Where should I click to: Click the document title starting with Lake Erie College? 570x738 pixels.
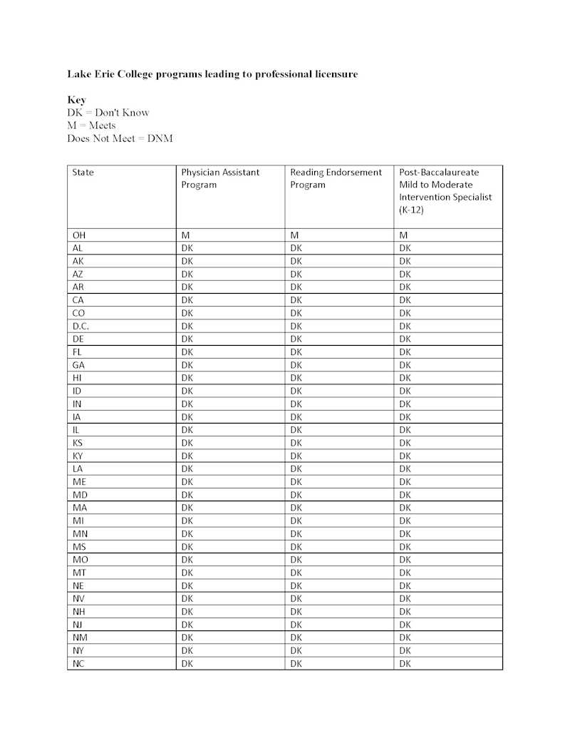click(x=212, y=74)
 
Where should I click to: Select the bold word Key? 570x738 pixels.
click(x=76, y=100)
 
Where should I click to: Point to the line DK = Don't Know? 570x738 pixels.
click(x=108, y=113)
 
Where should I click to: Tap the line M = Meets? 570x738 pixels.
click(x=91, y=125)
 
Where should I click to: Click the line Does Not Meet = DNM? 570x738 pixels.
click(x=120, y=138)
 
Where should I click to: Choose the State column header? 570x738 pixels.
click(x=83, y=173)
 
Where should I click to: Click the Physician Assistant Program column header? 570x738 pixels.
click(x=220, y=178)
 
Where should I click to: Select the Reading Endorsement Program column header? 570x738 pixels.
click(x=336, y=178)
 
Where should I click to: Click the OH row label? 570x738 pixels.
click(x=79, y=235)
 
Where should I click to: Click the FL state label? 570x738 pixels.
click(x=77, y=352)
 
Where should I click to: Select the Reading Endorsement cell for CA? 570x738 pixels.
click(x=296, y=300)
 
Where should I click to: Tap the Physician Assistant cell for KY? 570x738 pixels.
click(x=187, y=456)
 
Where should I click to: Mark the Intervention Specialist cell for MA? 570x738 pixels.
click(x=405, y=508)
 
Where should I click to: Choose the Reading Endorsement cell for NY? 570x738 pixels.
click(x=296, y=651)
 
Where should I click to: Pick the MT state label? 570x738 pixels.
click(x=79, y=573)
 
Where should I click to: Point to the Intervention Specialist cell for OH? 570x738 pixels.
click(x=403, y=235)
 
